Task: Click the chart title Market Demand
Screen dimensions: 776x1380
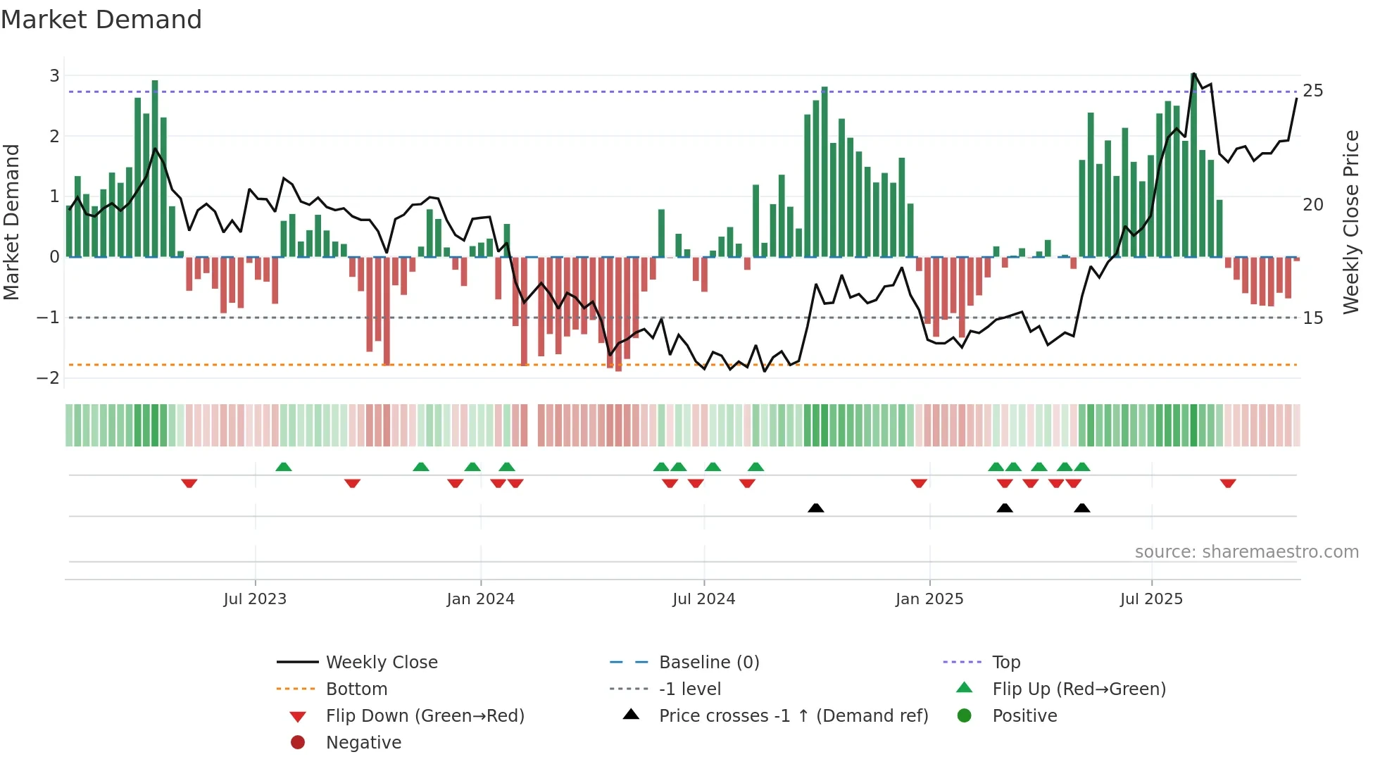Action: pyautogui.click(x=101, y=20)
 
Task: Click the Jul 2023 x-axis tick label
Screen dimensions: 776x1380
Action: pyautogui.click(x=255, y=599)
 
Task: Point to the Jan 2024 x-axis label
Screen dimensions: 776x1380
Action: pyautogui.click(x=480, y=599)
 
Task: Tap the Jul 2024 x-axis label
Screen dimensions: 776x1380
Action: pyautogui.click(x=703, y=599)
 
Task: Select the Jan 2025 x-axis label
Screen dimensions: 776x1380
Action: pyautogui.click(x=929, y=599)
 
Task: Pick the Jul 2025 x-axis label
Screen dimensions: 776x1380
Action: pyautogui.click(x=1151, y=599)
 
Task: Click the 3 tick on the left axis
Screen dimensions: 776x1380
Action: pyautogui.click(x=54, y=75)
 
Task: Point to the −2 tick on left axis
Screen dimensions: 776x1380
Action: pyautogui.click(x=49, y=378)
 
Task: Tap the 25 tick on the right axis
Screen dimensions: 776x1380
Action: pyautogui.click(x=1313, y=91)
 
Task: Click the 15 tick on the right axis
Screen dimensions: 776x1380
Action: pyautogui.click(x=1313, y=318)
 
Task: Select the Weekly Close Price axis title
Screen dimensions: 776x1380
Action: pyautogui.click(x=1350, y=222)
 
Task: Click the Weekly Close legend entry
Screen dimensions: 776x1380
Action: pyautogui.click(x=381, y=663)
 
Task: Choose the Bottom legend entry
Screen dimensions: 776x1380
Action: pyautogui.click(x=356, y=689)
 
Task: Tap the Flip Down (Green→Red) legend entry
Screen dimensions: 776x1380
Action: pyautogui.click(x=425, y=716)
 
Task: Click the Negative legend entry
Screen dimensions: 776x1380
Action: pyautogui.click(x=363, y=743)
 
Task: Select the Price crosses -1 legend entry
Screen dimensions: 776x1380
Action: pyautogui.click(x=793, y=716)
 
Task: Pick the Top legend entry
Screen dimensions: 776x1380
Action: pyautogui.click(x=1006, y=663)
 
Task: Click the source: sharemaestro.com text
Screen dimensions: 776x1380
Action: pyautogui.click(x=1246, y=552)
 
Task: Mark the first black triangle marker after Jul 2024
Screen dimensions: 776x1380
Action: pyautogui.click(x=815, y=508)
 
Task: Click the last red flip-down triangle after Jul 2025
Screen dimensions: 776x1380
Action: pyautogui.click(x=1228, y=483)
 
